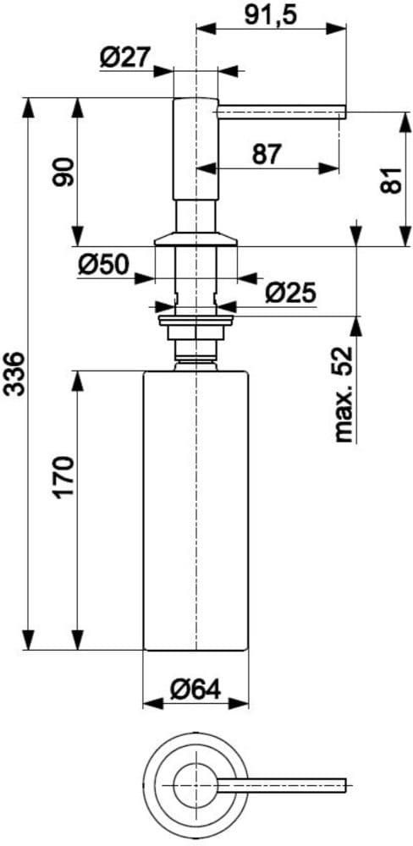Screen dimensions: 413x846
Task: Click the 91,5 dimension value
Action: (x=271, y=14)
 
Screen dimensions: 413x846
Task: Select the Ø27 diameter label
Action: (x=124, y=58)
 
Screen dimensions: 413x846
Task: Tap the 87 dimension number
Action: (x=267, y=155)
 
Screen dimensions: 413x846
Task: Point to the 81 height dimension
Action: (x=394, y=179)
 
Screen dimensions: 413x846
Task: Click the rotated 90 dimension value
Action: (x=63, y=172)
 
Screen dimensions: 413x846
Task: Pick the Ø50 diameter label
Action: (x=102, y=264)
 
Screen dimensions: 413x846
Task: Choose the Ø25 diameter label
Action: (x=290, y=294)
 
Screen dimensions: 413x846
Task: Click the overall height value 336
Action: (x=14, y=374)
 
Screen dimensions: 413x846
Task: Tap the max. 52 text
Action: (x=344, y=394)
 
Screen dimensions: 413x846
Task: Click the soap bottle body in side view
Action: (x=195, y=510)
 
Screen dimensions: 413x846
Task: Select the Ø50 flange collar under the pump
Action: (x=195, y=239)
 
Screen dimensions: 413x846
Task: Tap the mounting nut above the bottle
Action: (x=195, y=327)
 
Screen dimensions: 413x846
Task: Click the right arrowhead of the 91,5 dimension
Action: (x=336, y=29)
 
